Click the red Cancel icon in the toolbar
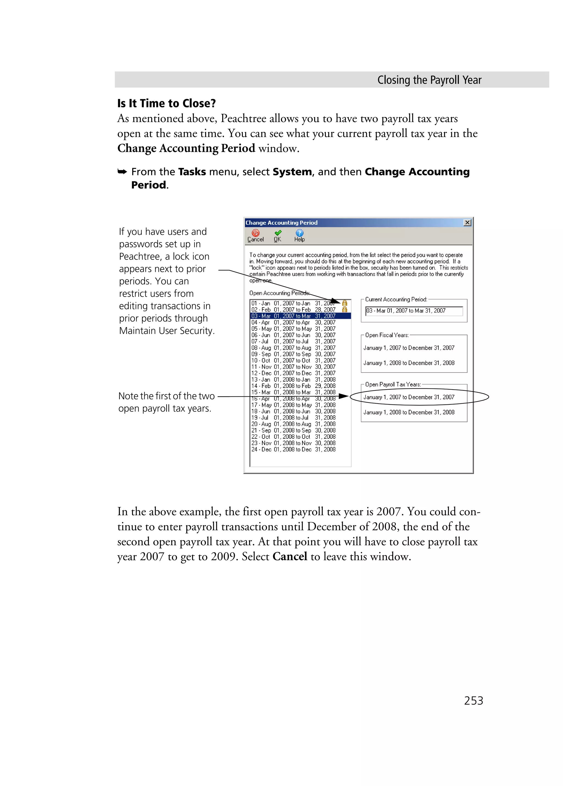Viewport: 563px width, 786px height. tap(255, 233)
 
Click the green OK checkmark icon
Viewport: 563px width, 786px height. tap(278, 233)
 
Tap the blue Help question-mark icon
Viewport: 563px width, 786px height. tap(299, 233)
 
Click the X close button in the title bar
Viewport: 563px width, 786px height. tap(467, 222)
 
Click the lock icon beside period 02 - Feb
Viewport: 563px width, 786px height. tap(344, 309)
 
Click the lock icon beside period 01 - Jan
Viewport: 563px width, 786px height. tap(344, 303)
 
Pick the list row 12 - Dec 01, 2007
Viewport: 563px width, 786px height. tap(293, 373)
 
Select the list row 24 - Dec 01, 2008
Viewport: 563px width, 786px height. tap(293, 449)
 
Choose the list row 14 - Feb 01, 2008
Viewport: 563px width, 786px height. tap(293, 386)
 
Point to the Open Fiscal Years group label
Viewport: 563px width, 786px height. tap(387, 335)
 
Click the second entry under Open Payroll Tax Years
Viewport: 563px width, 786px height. tap(409, 412)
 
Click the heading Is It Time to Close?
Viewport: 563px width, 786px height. tap(166, 103)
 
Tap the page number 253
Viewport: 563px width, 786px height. tap(473, 700)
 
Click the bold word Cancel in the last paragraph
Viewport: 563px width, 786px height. tap(290, 556)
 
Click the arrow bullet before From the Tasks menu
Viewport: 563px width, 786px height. tap(122, 172)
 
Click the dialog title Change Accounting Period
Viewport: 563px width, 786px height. tap(281, 222)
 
